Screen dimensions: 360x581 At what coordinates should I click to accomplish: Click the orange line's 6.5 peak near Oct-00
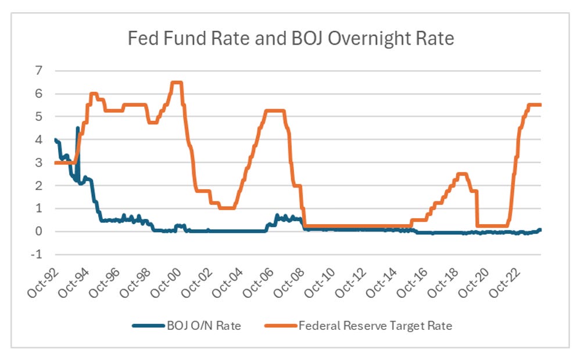click(x=177, y=82)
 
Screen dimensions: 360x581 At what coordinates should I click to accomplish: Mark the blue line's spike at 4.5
click(x=78, y=128)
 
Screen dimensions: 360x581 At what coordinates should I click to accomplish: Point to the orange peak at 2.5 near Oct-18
click(x=462, y=174)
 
